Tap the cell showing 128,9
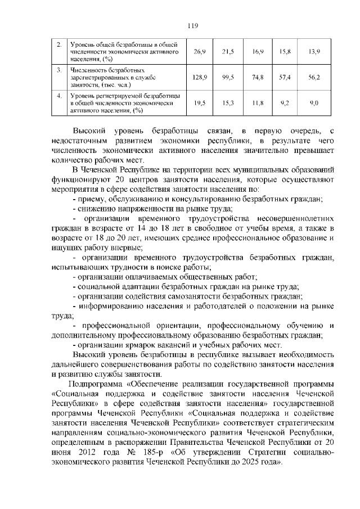coord(200,77)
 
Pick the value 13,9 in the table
coord(314,52)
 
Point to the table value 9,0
coord(314,103)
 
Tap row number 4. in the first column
coord(58,95)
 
